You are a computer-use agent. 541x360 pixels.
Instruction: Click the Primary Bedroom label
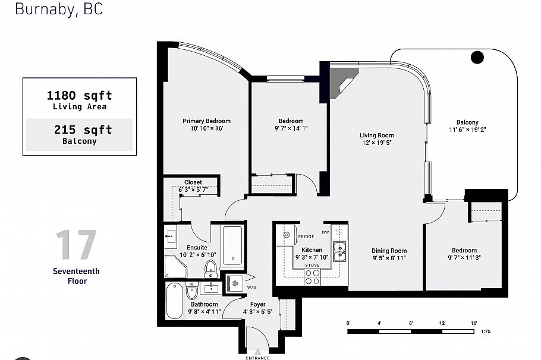pyautogui.click(x=206, y=121)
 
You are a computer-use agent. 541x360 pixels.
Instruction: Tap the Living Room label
pyautogui.click(x=376, y=135)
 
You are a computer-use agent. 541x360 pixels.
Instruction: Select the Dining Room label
pyautogui.click(x=389, y=251)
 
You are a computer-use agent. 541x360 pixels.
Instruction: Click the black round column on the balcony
pyautogui.click(x=477, y=58)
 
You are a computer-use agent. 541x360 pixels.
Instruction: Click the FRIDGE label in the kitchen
pyautogui.click(x=306, y=236)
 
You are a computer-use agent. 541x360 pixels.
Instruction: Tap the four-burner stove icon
pyautogui.click(x=312, y=276)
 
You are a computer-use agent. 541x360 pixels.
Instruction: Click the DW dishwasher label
pyautogui.click(x=325, y=232)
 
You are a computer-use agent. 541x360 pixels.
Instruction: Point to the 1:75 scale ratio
pyautogui.click(x=485, y=331)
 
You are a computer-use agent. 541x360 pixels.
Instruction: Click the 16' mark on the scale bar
pyautogui.click(x=473, y=323)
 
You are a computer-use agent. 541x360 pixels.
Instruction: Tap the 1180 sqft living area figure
pyautogui.click(x=79, y=96)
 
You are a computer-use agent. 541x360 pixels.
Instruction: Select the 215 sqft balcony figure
pyautogui.click(x=83, y=130)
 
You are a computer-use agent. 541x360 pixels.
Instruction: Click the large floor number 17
pyautogui.click(x=76, y=245)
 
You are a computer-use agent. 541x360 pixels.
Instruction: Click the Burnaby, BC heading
pyautogui.click(x=58, y=9)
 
